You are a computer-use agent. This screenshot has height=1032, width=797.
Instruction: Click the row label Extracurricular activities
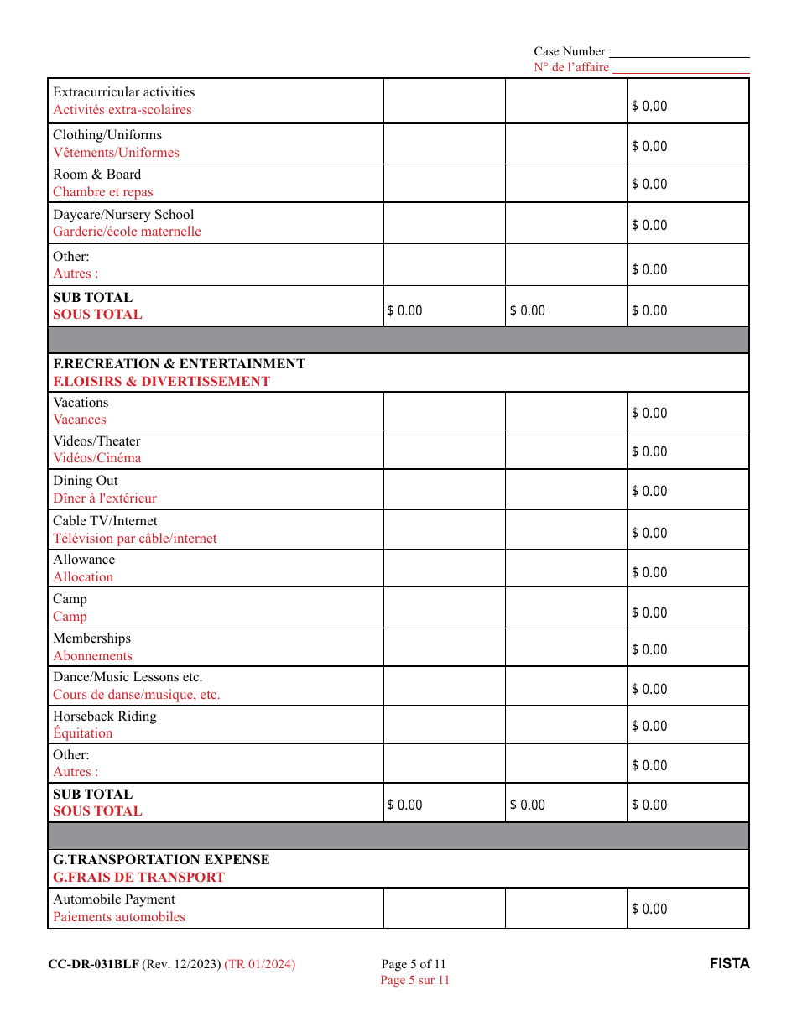tap(123, 92)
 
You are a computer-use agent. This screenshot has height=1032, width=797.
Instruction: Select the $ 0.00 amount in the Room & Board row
tap(649, 185)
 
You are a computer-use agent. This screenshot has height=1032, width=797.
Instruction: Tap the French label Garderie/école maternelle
tap(127, 232)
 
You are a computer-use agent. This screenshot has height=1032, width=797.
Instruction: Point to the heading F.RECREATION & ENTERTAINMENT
tap(179, 364)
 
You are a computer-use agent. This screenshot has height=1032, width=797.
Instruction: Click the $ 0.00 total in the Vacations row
tap(649, 413)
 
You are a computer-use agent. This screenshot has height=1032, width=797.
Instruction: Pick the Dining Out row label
tap(86, 481)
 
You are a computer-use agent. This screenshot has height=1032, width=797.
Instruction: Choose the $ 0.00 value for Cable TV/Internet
tap(649, 533)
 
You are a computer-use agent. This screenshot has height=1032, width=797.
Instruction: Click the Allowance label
tap(84, 560)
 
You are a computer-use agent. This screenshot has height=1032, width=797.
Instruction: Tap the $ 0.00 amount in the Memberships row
tap(649, 649)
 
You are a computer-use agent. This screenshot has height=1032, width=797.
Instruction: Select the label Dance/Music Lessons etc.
tap(128, 677)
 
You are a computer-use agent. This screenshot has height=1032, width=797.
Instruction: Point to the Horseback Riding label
tap(105, 717)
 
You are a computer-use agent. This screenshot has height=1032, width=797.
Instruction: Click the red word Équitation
tap(82, 733)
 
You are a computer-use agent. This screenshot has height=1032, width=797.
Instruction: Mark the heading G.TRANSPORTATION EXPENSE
tap(161, 860)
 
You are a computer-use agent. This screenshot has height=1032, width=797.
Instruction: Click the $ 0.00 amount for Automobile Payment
tap(649, 909)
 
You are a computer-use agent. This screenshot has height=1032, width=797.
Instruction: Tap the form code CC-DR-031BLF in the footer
tap(93, 964)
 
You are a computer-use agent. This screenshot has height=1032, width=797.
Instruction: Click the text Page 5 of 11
tap(414, 964)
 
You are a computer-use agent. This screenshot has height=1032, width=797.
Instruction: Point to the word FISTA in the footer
tap(729, 964)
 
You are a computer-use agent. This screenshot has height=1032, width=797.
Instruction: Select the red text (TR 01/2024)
tap(260, 964)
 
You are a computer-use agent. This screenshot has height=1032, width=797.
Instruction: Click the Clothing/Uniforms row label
tap(107, 135)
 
